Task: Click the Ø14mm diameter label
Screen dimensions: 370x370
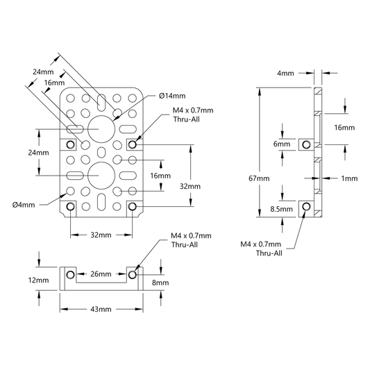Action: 172,96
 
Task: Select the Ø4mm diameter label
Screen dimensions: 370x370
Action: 24,205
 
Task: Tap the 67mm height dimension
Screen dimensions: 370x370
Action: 259,178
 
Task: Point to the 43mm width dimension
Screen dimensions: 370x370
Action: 101,309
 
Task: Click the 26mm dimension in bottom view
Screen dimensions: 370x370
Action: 101,274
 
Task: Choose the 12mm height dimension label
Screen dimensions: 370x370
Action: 38,280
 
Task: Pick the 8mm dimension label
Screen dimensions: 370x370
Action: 160,283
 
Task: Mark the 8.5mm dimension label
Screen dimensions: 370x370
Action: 282,209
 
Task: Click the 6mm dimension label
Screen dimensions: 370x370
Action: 282,144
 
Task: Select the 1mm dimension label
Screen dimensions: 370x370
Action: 349,178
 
